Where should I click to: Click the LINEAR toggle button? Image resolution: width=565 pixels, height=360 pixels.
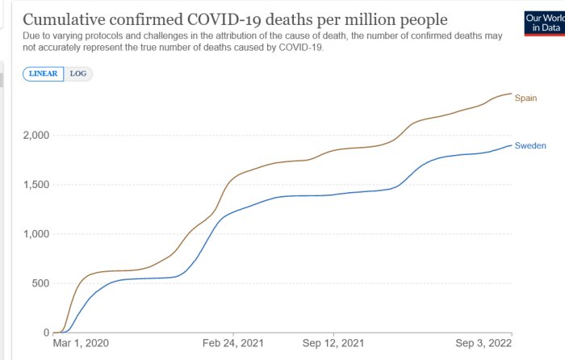[44, 74]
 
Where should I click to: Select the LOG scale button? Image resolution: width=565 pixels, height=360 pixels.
[78, 74]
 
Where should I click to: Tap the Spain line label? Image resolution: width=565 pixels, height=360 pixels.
[525, 98]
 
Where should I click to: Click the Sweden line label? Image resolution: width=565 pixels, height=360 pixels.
[530, 145]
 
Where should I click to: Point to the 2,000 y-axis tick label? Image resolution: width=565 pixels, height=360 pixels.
[36, 136]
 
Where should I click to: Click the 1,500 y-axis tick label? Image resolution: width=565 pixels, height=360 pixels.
[36, 185]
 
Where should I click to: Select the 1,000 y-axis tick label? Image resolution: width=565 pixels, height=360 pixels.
[36, 234]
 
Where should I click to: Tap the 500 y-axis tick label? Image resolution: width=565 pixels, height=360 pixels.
[40, 283]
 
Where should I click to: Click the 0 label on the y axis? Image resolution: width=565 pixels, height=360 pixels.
[46, 333]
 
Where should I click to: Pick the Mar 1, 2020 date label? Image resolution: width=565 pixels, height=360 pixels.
[81, 343]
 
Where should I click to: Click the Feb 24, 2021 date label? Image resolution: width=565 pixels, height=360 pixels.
[232, 343]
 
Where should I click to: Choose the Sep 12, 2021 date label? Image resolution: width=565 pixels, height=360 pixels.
[333, 343]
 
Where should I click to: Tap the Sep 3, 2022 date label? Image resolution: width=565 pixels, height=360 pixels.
[483, 343]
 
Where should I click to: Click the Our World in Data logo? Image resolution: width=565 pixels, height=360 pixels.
[545, 23]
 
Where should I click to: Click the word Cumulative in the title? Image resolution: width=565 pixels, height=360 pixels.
[64, 20]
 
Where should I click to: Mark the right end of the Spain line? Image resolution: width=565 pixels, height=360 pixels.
[511, 94]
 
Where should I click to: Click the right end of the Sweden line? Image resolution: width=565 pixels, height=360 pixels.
[511, 145]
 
